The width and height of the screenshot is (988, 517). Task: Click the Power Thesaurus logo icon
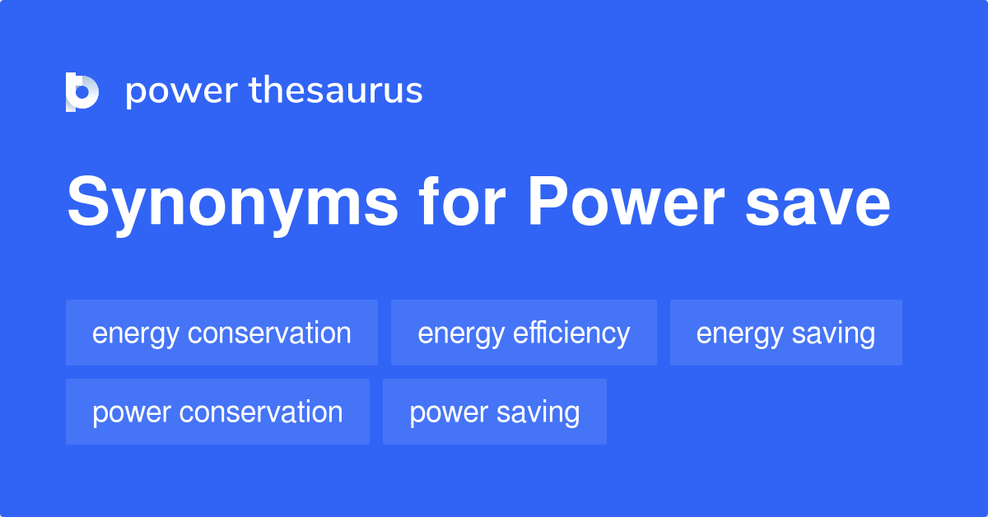82,91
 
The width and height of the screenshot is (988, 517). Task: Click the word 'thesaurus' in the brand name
336,91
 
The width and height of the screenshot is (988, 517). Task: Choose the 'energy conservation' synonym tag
221,333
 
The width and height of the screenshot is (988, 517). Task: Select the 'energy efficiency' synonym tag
524,333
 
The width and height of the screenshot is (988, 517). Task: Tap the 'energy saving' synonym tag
785,333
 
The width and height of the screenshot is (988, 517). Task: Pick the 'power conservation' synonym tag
217,412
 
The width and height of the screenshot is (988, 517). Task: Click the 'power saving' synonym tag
494,412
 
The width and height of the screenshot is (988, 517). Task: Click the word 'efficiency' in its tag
571,333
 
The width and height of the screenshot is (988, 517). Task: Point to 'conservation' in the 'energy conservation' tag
269,333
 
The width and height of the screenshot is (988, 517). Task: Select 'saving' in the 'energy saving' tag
833,333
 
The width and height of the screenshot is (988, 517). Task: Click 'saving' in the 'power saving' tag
538,412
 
